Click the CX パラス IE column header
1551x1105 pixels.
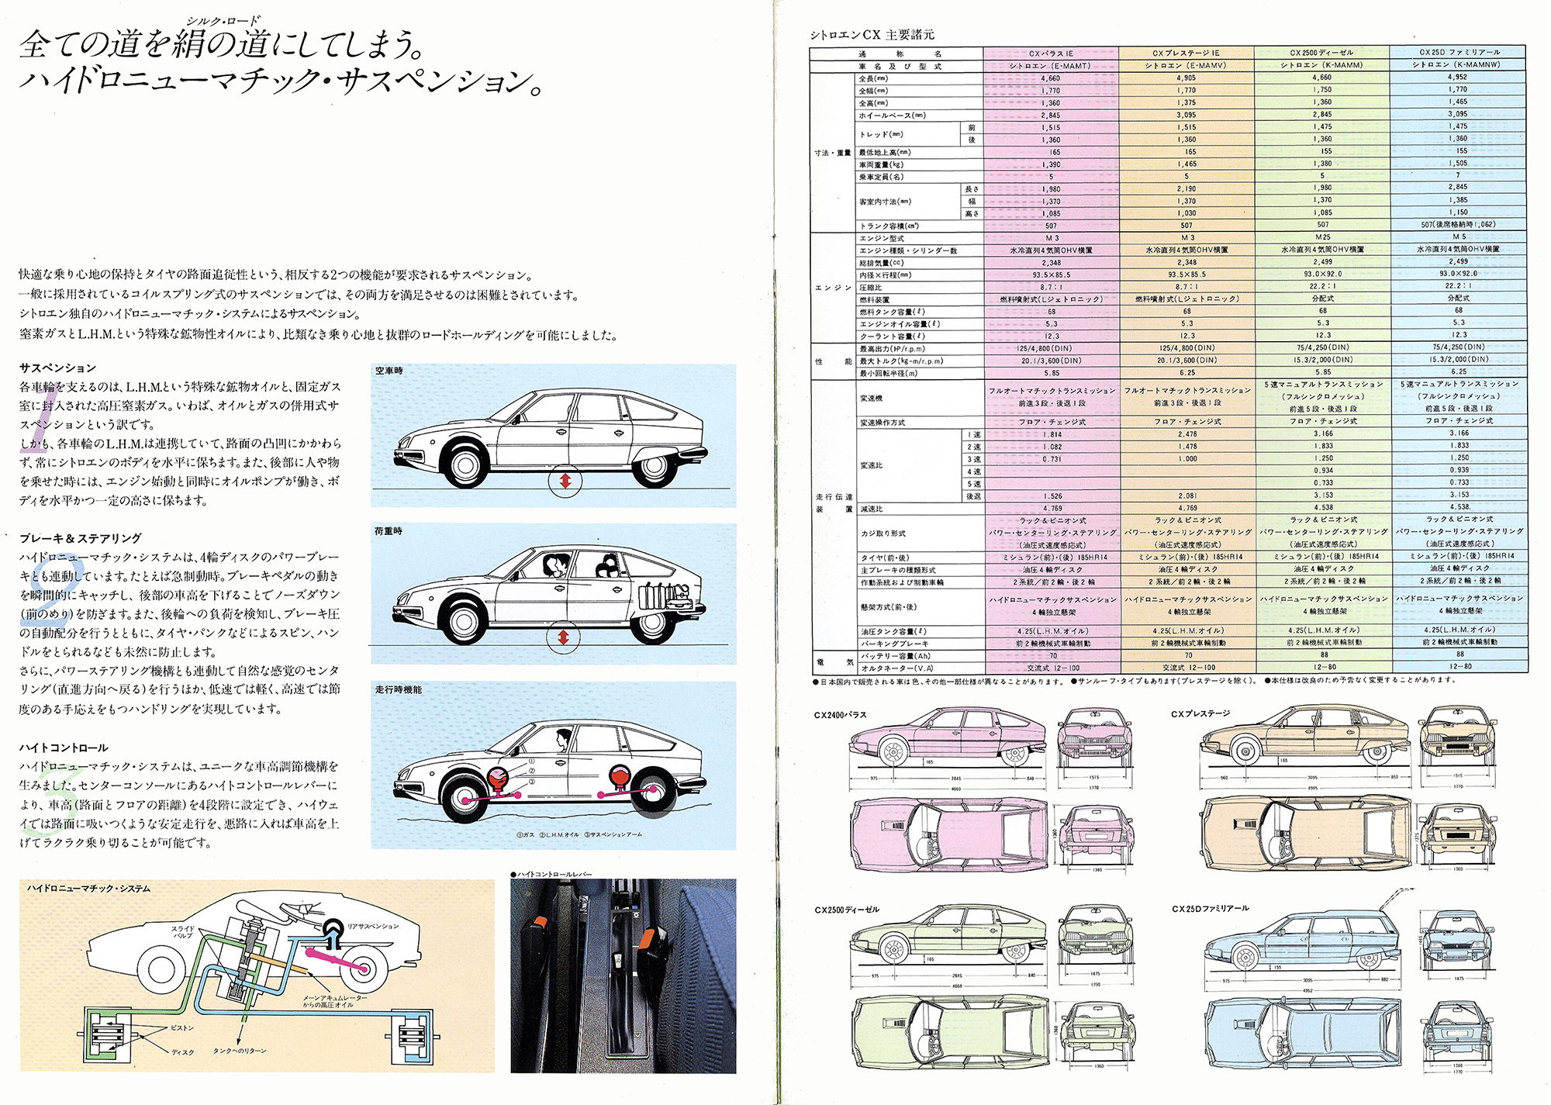(1051, 54)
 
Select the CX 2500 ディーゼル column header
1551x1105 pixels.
(1321, 53)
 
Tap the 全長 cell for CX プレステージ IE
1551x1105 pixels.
(1187, 78)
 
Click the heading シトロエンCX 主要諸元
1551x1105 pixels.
(872, 35)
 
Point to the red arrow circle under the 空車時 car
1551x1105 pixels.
(565, 482)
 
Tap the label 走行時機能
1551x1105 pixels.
(399, 689)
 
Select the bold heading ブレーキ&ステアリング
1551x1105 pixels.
(81, 538)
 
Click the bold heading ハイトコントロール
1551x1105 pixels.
(64, 748)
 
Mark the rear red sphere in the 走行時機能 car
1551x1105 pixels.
(618, 775)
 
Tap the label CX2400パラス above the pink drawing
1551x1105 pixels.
(840, 715)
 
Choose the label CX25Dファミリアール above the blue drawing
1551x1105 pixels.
(1210, 908)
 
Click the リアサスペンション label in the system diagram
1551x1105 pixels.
(373, 926)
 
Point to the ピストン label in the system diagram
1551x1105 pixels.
(182, 1027)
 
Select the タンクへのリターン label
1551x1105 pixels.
(240, 1051)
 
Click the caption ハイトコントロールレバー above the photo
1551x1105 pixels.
(554, 874)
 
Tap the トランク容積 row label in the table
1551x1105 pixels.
(888, 226)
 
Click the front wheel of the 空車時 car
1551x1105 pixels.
(465, 464)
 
